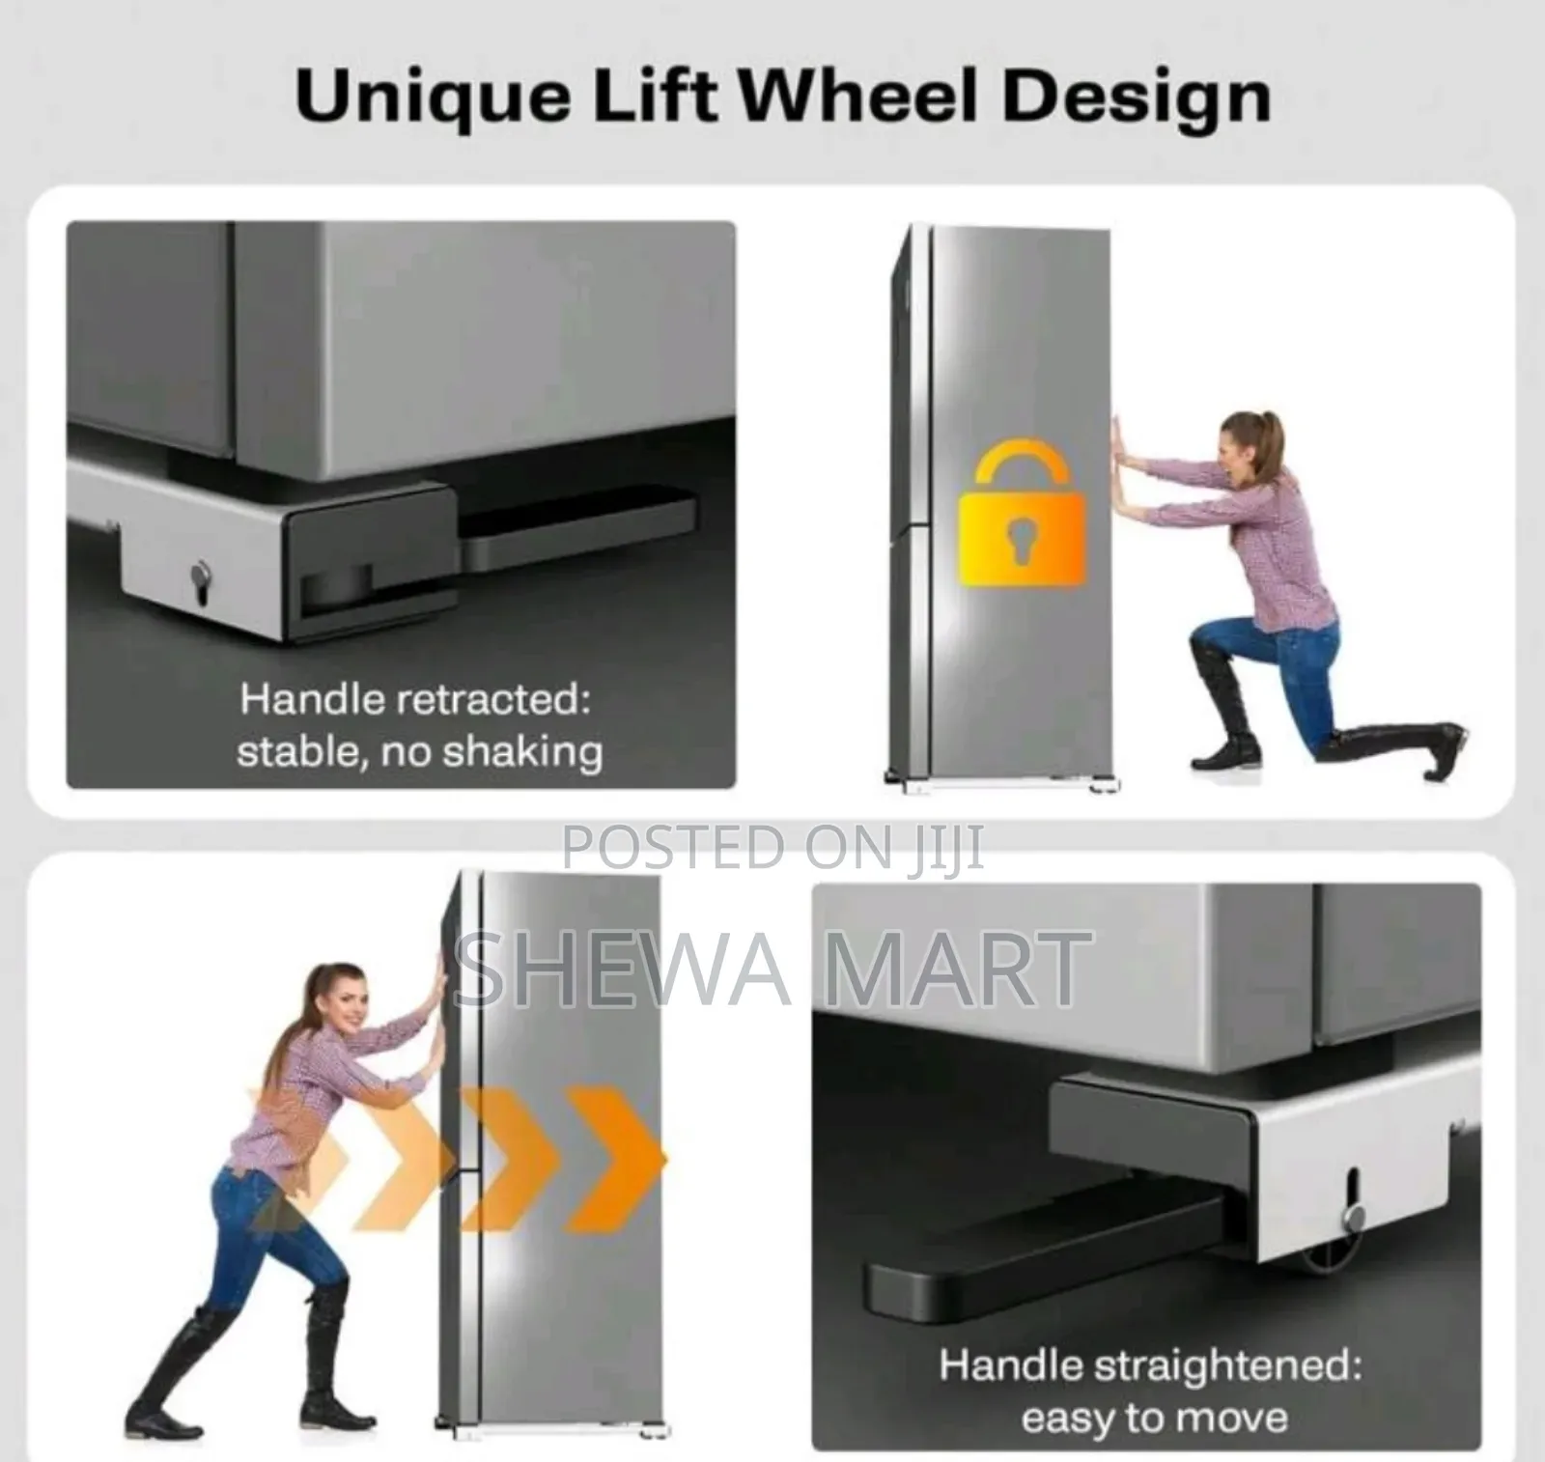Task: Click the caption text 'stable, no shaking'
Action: (x=420, y=750)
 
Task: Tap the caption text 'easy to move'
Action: (x=1154, y=1418)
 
